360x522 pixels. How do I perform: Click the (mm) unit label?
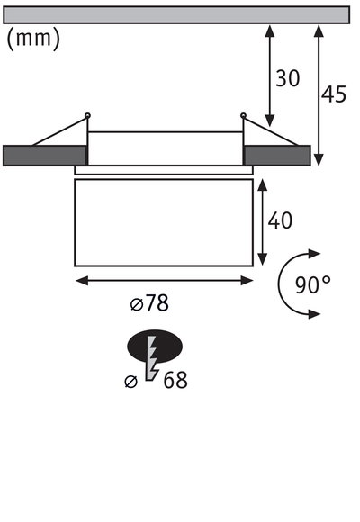click(x=33, y=40)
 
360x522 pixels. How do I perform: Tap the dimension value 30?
click(x=287, y=79)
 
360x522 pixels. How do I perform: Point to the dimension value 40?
click(x=280, y=220)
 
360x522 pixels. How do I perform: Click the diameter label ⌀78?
click(x=149, y=303)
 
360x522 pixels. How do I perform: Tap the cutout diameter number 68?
click(x=175, y=380)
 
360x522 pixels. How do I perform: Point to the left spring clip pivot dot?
click(x=86, y=114)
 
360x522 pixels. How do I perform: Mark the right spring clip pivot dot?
click(x=243, y=114)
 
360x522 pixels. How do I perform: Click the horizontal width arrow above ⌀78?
click(x=164, y=281)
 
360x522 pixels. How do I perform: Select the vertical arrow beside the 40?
click(x=262, y=220)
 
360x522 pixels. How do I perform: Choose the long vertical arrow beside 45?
click(x=318, y=94)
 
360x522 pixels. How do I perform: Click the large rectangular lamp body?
click(x=164, y=220)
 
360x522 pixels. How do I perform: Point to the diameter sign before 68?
click(x=131, y=382)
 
